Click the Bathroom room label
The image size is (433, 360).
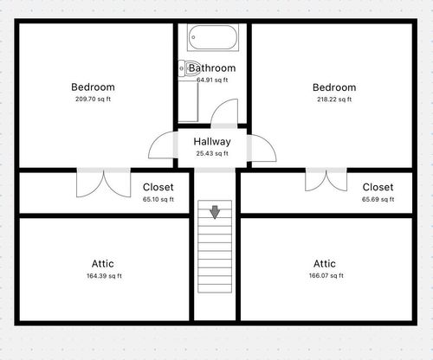point(212,68)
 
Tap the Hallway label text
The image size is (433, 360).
point(212,142)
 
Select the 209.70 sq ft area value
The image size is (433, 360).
point(93,100)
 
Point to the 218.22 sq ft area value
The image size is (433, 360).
point(334,100)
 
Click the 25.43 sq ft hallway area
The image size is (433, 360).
point(212,153)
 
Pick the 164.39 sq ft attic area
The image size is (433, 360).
point(104,276)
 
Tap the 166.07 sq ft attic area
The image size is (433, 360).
point(326,276)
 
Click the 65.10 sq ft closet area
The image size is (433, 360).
point(158,199)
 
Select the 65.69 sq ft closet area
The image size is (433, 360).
point(378,199)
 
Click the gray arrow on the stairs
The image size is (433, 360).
point(215,212)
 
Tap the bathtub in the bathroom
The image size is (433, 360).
point(213,37)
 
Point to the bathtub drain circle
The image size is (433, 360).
point(193,37)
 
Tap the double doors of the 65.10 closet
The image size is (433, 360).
point(103,184)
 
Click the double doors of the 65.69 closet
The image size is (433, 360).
point(326,182)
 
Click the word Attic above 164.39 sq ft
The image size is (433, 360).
point(103,264)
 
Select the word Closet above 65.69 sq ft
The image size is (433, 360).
point(378,187)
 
